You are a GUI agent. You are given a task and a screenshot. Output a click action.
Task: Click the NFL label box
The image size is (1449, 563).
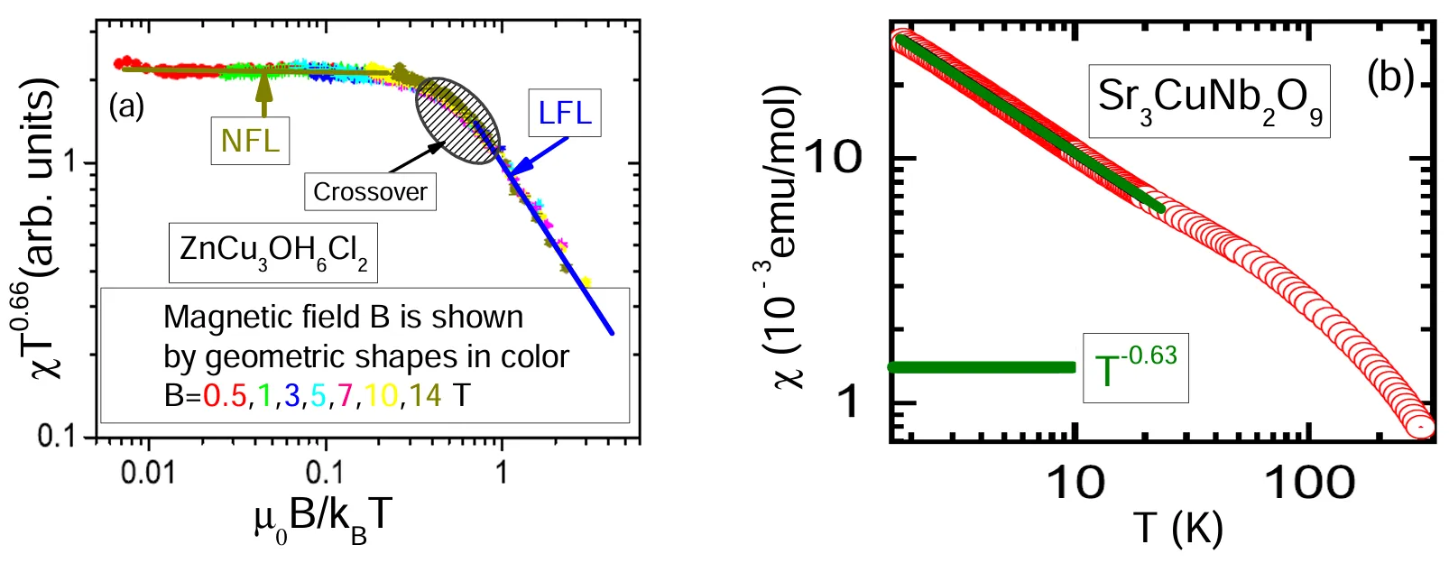point(250,141)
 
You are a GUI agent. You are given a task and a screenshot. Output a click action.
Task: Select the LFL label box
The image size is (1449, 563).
point(565,113)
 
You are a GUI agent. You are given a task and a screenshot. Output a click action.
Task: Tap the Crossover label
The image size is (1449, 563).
point(370,192)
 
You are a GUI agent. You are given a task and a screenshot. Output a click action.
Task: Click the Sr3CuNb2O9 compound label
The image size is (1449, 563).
point(1209,99)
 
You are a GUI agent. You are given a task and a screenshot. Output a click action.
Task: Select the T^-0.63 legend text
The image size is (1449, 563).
point(1135,367)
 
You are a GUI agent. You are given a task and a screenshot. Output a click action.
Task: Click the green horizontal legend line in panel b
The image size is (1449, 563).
point(982,367)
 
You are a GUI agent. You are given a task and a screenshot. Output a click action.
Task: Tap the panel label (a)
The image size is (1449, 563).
point(126,106)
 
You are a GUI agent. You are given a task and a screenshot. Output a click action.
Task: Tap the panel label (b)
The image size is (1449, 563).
point(1389,78)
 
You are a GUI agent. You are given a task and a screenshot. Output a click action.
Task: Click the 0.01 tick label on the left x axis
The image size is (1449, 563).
point(148,472)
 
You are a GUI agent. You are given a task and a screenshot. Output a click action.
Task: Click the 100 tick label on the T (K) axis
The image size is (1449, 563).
point(1310,484)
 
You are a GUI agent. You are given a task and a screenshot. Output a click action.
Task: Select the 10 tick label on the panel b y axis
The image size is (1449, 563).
point(833,159)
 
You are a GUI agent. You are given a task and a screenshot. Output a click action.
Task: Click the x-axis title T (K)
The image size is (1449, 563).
point(1178,527)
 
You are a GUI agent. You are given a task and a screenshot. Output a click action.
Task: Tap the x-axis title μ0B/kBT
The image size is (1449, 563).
point(323,519)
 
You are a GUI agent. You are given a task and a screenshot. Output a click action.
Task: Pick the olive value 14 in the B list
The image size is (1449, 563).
point(426,395)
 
